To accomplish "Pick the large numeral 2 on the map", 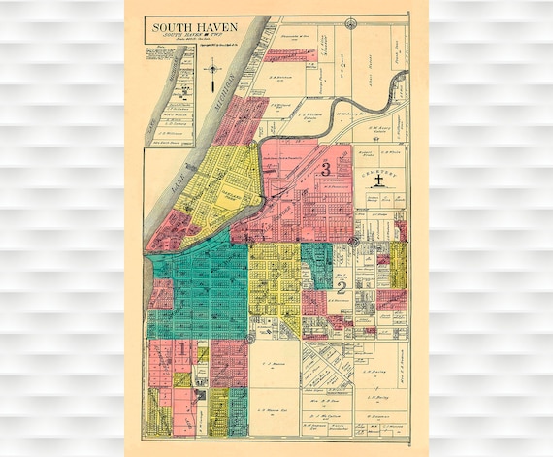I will [x=342, y=286].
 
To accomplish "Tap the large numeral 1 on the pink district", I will [x=181, y=347].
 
